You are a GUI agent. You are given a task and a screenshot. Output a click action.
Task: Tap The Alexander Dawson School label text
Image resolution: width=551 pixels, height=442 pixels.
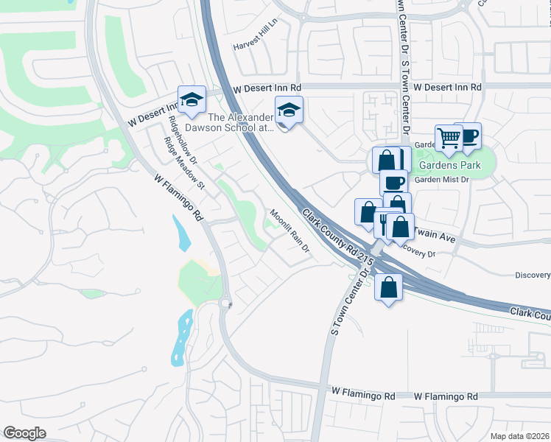pyautogui.click(x=242, y=122)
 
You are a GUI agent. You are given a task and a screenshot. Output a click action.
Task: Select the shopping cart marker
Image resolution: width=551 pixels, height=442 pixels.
pyautogui.click(x=448, y=137)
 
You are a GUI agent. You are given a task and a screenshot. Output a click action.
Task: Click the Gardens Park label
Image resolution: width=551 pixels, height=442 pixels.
pyautogui.click(x=452, y=165)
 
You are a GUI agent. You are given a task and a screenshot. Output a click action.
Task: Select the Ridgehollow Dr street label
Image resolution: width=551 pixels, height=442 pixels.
pyautogui.click(x=183, y=139)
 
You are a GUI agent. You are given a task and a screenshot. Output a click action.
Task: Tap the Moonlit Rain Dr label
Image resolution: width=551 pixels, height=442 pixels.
pyautogui.click(x=289, y=232)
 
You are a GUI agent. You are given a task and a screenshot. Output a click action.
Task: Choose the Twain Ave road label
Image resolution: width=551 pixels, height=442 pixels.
pyautogui.click(x=436, y=235)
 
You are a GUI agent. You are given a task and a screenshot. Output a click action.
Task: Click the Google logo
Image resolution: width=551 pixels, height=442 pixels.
pyautogui.click(x=24, y=433)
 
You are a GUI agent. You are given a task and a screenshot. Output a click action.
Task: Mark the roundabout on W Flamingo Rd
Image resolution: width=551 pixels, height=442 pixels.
pyautogui.click(x=226, y=302)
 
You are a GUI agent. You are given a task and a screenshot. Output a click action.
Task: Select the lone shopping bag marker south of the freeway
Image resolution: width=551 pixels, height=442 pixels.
pyautogui.click(x=388, y=287)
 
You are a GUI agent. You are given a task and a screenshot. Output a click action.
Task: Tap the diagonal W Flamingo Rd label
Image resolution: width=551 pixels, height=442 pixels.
pyautogui.click(x=178, y=198)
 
